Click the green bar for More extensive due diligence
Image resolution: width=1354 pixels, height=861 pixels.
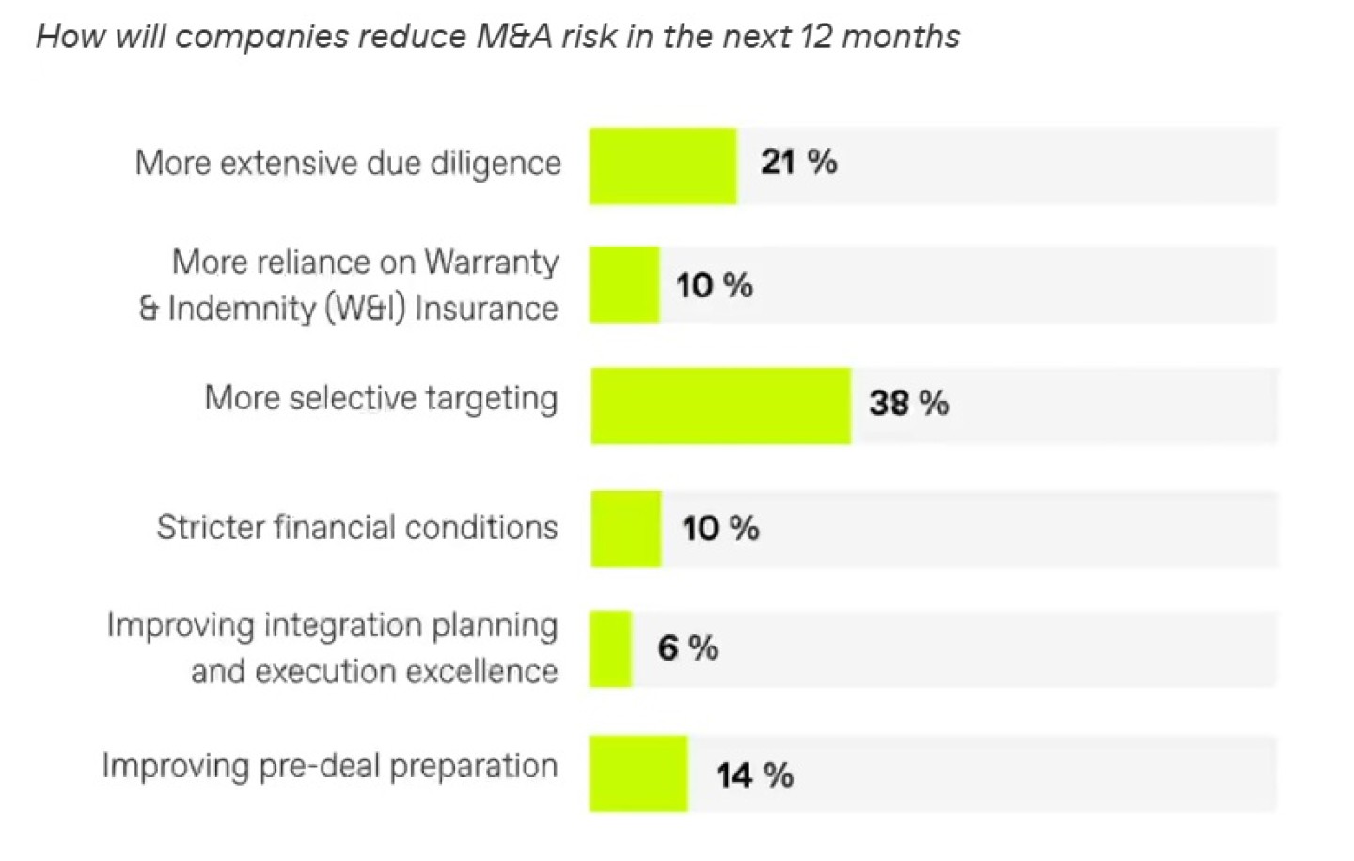(663, 166)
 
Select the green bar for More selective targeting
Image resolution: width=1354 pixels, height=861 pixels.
(720, 406)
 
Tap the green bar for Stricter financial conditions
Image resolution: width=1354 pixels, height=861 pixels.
(625, 529)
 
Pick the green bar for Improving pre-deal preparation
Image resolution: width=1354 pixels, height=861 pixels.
(638, 773)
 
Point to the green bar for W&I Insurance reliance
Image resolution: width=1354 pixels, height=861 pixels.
(624, 285)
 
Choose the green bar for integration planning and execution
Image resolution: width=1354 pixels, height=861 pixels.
(610, 648)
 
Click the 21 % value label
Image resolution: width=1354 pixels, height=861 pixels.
(798, 162)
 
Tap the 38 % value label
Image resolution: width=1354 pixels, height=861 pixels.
(908, 403)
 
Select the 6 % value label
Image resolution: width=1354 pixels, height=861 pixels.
(687, 647)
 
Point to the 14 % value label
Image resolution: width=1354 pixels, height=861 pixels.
(754, 775)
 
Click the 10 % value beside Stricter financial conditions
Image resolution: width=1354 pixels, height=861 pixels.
(720, 528)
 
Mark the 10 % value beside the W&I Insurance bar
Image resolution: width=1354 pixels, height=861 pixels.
(714, 284)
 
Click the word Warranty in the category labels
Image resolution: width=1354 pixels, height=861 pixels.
(491, 263)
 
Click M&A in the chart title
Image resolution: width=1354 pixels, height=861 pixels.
(512, 37)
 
